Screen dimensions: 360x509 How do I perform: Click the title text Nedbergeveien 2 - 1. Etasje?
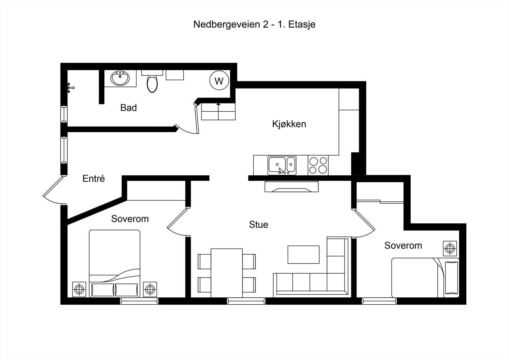tap(254, 24)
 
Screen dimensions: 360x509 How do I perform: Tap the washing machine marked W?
tap(219, 81)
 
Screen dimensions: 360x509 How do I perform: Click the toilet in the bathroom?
tap(152, 83)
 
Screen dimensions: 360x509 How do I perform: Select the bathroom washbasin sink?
tap(121, 78)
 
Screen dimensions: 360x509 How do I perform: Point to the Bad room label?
tap(129, 108)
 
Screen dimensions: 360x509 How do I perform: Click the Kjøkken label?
tap(289, 124)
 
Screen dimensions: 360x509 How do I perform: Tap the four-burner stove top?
tap(318, 165)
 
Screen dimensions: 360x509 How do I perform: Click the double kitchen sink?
tap(282, 165)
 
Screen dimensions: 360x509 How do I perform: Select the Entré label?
tap(94, 179)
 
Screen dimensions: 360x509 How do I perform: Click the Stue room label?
tap(258, 225)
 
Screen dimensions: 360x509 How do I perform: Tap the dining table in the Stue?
tap(227, 273)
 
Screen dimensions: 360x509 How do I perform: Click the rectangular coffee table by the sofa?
tap(303, 254)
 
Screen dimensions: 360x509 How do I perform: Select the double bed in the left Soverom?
tap(115, 264)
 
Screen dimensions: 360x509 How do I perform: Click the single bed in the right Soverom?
tap(425, 277)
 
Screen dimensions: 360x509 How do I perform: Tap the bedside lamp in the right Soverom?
tap(450, 248)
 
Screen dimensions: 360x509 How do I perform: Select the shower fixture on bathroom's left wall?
tap(71, 87)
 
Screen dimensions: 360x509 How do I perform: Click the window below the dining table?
tap(246, 301)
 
